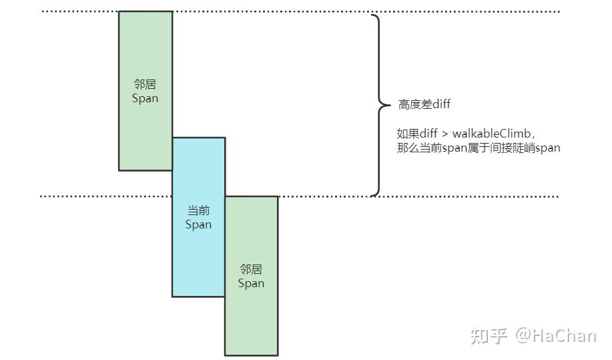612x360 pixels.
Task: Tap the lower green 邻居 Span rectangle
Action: [x=251, y=314]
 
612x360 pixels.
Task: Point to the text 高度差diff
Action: [x=424, y=104]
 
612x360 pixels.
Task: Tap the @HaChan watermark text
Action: [x=555, y=335]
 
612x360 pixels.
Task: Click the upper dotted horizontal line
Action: [x=467, y=11]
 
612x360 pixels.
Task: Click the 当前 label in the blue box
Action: [x=198, y=210]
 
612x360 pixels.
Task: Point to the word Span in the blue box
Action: [x=198, y=224]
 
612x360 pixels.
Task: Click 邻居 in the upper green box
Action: [x=145, y=84]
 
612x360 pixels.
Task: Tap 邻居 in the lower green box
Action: [x=251, y=269]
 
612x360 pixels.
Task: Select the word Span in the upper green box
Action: [x=145, y=98]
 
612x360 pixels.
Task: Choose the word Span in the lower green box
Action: [x=251, y=283]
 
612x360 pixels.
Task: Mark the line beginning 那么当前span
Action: [x=479, y=148]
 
